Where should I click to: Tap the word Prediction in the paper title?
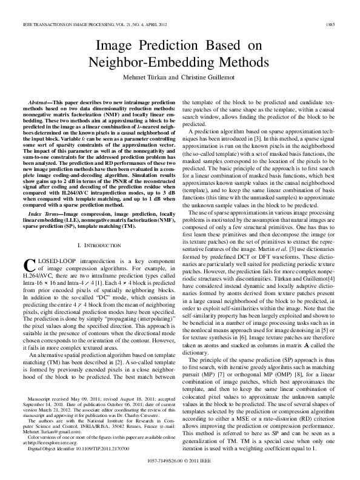(182, 45)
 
